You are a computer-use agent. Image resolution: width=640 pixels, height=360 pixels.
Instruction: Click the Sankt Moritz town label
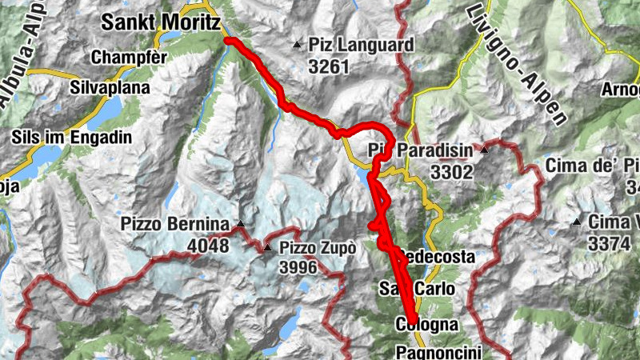pyautogui.click(x=160, y=25)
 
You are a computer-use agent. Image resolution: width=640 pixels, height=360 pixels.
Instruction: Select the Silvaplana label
pyautogui.click(x=106, y=86)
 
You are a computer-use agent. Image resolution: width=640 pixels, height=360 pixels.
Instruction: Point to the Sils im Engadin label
pyautogui.click(x=72, y=138)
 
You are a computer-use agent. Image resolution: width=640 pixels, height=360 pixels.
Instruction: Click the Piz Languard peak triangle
pyautogui.click(x=298, y=44)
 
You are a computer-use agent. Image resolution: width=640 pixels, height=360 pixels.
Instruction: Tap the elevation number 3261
pyautogui.click(x=329, y=67)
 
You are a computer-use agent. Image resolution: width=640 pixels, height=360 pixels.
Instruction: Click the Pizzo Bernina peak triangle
pyautogui.click(x=239, y=223)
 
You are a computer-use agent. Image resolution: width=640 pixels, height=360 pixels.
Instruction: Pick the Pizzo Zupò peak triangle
pyautogui.click(x=268, y=248)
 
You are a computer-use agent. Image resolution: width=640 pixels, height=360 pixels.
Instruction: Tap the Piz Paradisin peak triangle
pyautogui.click(x=484, y=150)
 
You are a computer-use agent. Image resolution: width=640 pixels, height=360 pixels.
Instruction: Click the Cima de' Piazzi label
pyautogui.click(x=592, y=166)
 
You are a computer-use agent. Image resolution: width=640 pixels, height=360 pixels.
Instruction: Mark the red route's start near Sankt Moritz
pyautogui.click(x=227, y=39)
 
